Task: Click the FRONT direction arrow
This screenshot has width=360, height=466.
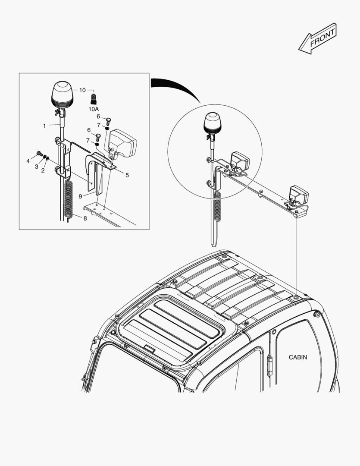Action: pyautogui.click(x=317, y=39)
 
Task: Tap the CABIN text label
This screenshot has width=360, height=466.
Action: pyautogui.click(x=298, y=357)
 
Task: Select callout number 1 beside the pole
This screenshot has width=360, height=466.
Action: pyautogui.click(x=44, y=126)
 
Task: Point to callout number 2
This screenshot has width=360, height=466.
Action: pyautogui.click(x=43, y=170)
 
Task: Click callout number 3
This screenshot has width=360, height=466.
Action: pyautogui.click(x=37, y=167)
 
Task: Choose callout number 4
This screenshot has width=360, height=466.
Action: pyautogui.click(x=28, y=161)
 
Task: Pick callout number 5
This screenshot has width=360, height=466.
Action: pyautogui.click(x=127, y=175)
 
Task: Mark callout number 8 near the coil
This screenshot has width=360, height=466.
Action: pyautogui.click(x=85, y=218)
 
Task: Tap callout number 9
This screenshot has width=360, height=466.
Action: pyautogui.click(x=80, y=196)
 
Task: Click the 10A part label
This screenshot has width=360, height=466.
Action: pyautogui.click(x=94, y=109)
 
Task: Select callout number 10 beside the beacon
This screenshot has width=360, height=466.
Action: pyautogui.click(x=82, y=90)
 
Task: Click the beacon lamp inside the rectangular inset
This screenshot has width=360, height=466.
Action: pyautogui.click(x=63, y=94)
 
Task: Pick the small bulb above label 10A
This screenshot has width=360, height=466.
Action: pyautogui.click(x=94, y=99)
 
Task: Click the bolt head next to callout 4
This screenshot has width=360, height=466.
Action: pyautogui.click(x=40, y=153)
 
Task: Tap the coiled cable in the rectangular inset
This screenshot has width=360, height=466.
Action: pyautogui.click(x=69, y=200)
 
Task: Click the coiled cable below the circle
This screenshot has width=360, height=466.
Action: pyautogui.click(x=218, y=206)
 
